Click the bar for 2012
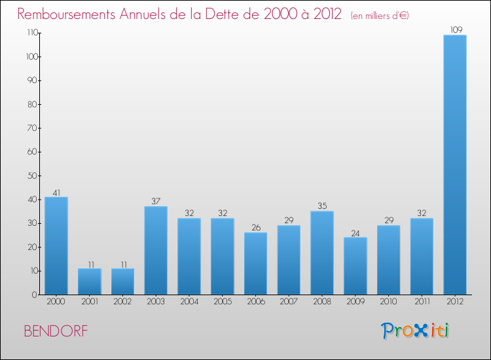click(454, 164)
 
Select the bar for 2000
click(56, 245)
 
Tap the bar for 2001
click(90, 281)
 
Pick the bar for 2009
click(355, 266)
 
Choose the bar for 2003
click(156, 250)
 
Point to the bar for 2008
click(322, 253)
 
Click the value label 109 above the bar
click(454, 29)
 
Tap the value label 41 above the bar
click(56, 192)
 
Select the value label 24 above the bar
click(355, 232)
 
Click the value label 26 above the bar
click(255, 228)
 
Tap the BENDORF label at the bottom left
click(55, 331)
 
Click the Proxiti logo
click(415, 331)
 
